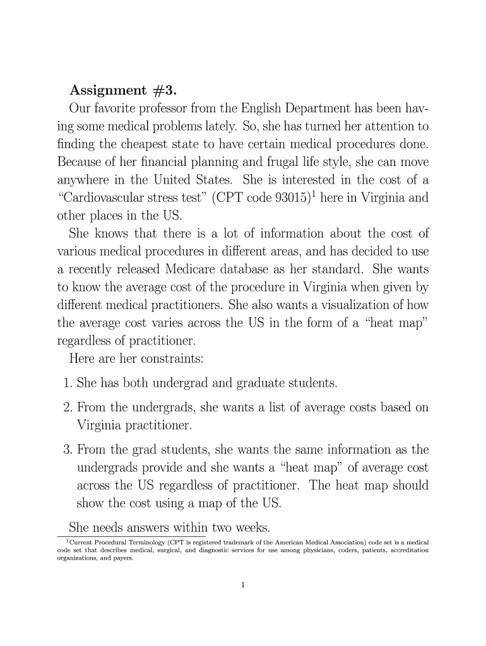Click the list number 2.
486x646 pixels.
[x=67, y=408]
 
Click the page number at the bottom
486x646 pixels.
[x=243, y=585]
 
